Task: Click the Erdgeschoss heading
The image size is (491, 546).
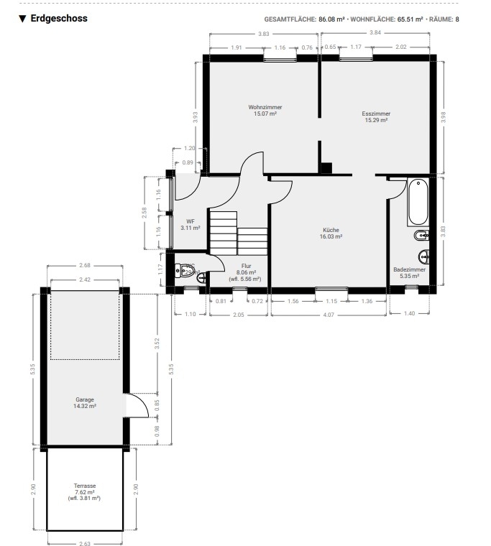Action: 59,19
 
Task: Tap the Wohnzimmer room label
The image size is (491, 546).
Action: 265,111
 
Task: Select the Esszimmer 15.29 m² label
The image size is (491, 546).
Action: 376,117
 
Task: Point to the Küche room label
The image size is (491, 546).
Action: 331,233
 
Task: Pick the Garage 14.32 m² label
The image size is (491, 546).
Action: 85,403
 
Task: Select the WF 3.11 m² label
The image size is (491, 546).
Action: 191,225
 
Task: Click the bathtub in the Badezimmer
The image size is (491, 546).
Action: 418,202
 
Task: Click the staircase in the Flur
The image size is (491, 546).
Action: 239,233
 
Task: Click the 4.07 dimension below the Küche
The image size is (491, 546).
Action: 329,315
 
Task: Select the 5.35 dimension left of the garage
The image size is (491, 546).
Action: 33,369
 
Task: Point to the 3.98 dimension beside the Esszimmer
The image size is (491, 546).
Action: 444,117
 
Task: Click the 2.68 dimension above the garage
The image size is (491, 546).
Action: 85,265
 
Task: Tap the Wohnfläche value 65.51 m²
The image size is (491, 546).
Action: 410,19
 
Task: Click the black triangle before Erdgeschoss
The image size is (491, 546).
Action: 23,19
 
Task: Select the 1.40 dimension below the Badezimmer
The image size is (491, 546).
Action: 409,313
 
